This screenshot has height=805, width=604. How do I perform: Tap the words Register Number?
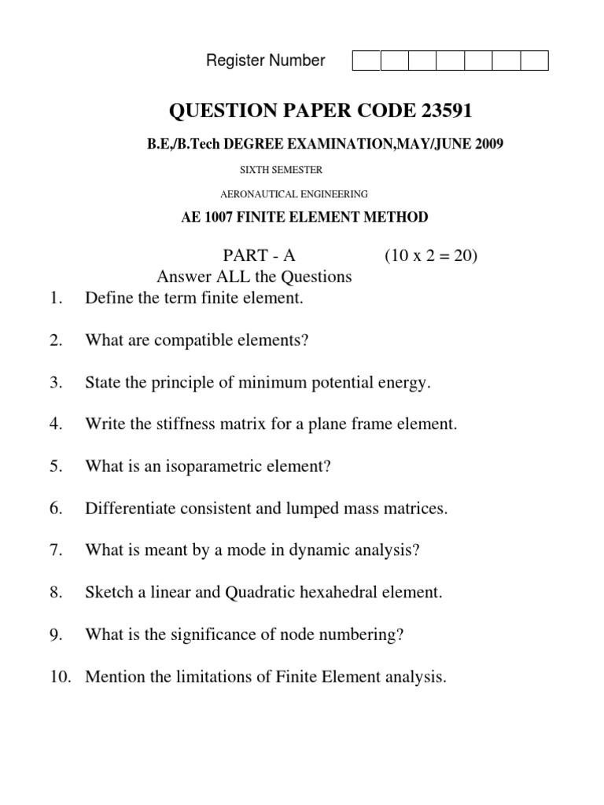[265, 61]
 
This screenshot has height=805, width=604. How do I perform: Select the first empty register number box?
[366, 61]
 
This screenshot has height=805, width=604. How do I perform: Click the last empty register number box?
[534, 61]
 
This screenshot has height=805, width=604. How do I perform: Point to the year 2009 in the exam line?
[488, 144]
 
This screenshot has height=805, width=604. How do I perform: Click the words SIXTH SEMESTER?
[280, 169]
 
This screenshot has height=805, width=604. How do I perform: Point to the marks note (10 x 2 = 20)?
[431, 255]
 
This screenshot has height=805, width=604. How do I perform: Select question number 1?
[54, 298]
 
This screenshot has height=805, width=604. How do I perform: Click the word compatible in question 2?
[204, 340]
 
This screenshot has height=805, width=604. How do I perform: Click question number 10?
[59, 676]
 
